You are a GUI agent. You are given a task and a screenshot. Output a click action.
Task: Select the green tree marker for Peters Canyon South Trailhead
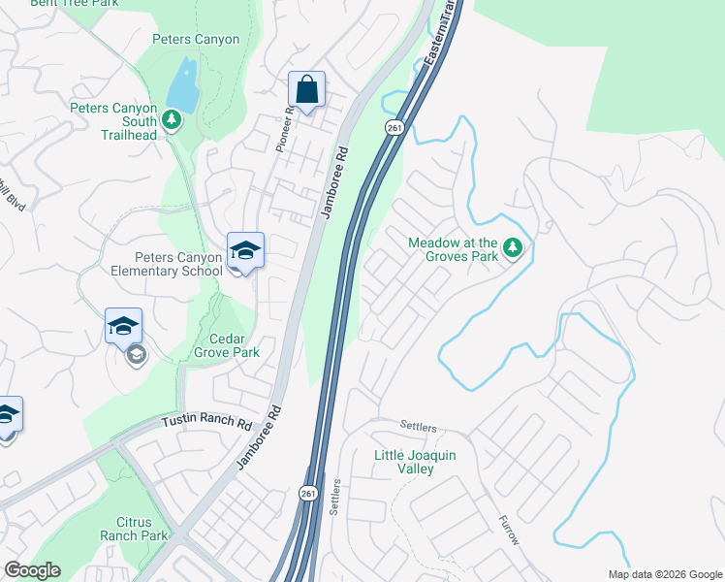172,119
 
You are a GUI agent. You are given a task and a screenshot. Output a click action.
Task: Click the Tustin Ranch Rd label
206,423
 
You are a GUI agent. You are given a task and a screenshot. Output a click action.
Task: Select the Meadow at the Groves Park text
453,250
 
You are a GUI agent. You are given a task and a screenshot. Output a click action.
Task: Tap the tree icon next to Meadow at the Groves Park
513,249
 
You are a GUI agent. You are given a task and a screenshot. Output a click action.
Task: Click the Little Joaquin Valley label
417,462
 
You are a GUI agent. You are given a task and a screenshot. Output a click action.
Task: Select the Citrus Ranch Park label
134,529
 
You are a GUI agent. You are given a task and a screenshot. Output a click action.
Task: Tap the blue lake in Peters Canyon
182,86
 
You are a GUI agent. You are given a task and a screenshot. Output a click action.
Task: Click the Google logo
32,570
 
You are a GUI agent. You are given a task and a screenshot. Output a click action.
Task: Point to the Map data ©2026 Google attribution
665,574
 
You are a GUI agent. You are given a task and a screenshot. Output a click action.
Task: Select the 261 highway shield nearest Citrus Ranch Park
308,494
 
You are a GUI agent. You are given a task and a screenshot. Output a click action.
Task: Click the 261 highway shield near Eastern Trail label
394,127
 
